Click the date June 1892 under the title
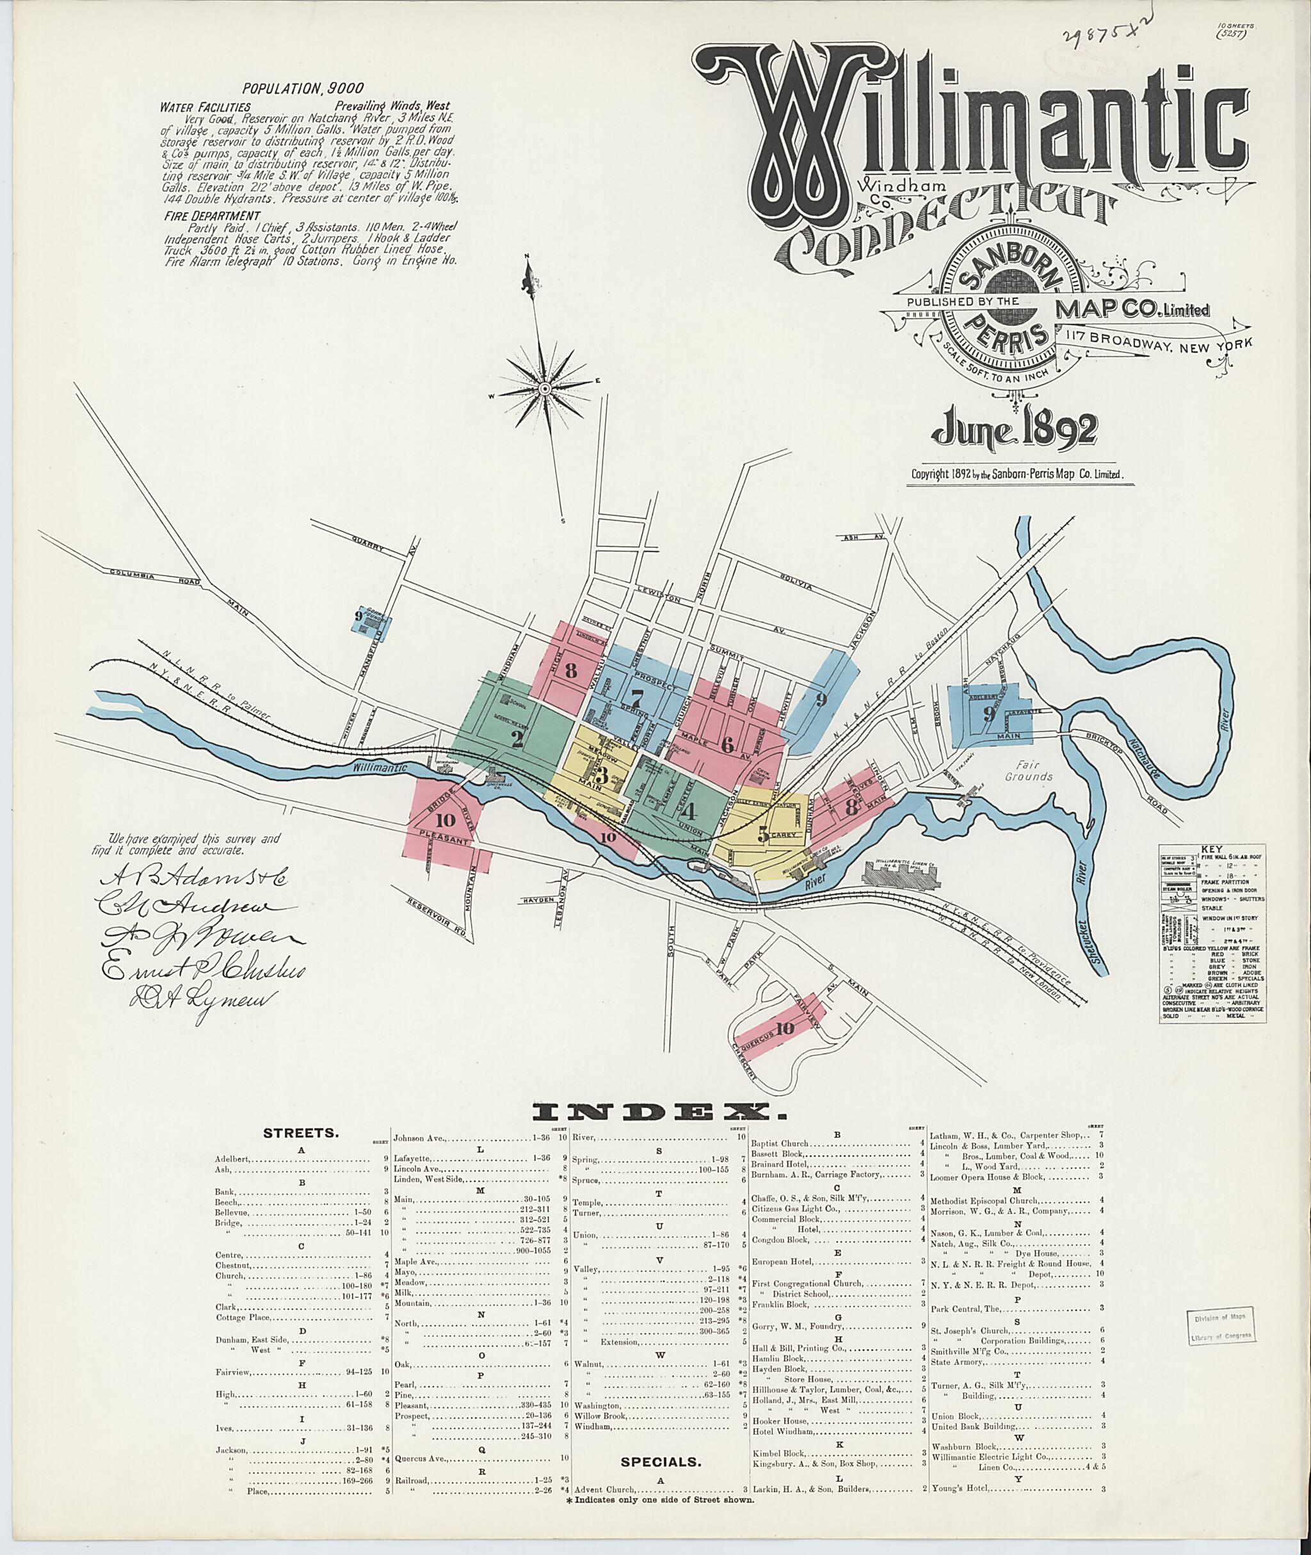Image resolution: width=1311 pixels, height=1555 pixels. coord(1015,433)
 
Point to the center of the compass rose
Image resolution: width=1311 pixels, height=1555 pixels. coord(544,388)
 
